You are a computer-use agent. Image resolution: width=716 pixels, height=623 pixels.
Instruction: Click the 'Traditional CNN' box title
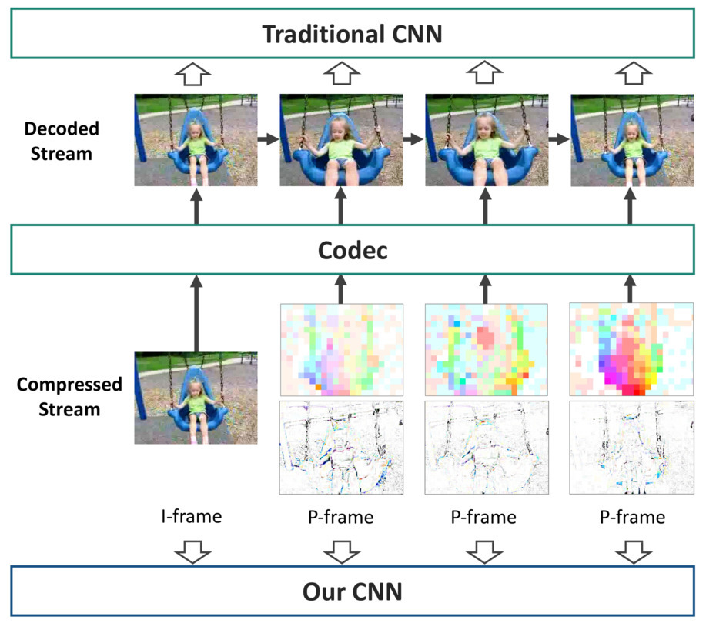(x=352, y=34)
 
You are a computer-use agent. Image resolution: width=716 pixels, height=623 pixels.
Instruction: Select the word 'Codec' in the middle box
(x=353, y=251)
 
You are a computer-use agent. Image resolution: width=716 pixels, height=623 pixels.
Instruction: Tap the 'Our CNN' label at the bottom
(x=352, y=591)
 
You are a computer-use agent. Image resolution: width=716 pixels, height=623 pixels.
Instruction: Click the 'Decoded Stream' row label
(x=62, y=141)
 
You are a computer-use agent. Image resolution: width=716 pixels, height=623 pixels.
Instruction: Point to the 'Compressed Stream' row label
(x=69, y=397)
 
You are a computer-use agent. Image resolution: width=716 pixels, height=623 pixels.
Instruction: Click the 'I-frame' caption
(x=192, y=516)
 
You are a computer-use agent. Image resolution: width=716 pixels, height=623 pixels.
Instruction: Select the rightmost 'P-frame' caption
(x=632, y=517)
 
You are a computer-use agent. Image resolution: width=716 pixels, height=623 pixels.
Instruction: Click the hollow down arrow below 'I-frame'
(x=192, y=551)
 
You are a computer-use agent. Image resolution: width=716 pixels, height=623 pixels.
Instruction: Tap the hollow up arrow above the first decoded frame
(x=192, y=74)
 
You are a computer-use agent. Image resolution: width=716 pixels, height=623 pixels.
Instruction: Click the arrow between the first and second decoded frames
(x=269, y=138)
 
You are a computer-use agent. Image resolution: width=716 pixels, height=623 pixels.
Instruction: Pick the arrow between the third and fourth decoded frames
(x=560, y=138)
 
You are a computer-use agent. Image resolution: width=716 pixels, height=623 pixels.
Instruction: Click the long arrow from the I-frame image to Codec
(x=196, y=313)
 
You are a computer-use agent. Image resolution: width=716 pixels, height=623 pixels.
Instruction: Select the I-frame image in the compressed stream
(x=196, y=398)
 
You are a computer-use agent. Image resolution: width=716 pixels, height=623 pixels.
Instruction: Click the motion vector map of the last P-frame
(x=631, y=349)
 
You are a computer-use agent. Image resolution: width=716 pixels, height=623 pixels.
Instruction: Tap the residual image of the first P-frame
(x=341, y=448)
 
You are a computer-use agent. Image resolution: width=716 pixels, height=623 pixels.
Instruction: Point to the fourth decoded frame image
(x=632, y=140)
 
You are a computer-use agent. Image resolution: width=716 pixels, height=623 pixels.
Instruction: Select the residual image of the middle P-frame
(x=487, y=448)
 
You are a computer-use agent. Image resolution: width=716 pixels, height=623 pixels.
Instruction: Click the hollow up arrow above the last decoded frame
(x=634, y=74)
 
